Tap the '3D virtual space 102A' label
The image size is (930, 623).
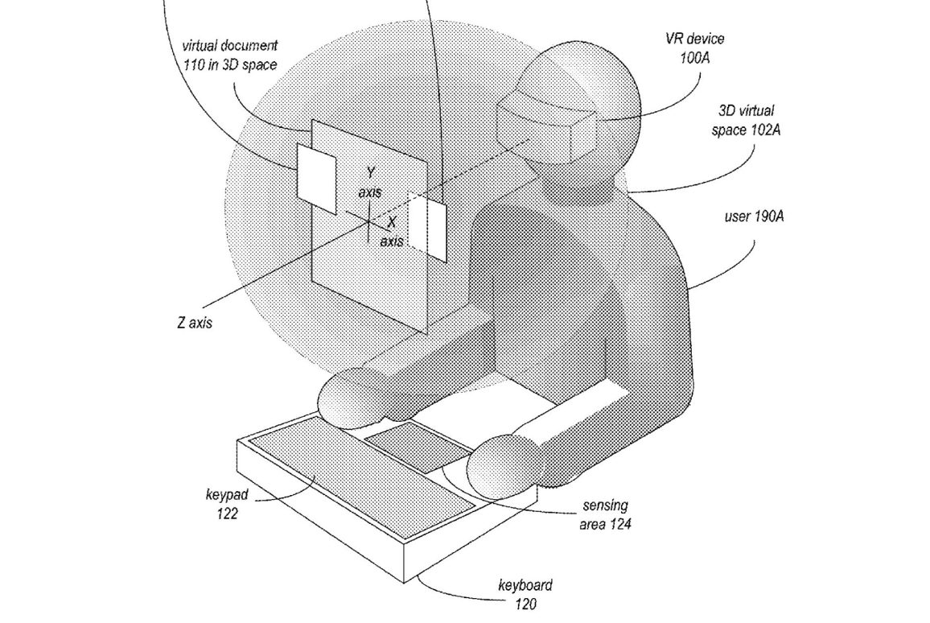pos(748,120)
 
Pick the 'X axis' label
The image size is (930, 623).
pos(391,231)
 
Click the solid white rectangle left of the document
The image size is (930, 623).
pos(316,176)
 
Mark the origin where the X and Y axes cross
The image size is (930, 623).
pos(368,221)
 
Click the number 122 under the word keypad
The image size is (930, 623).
pos(228,514)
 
